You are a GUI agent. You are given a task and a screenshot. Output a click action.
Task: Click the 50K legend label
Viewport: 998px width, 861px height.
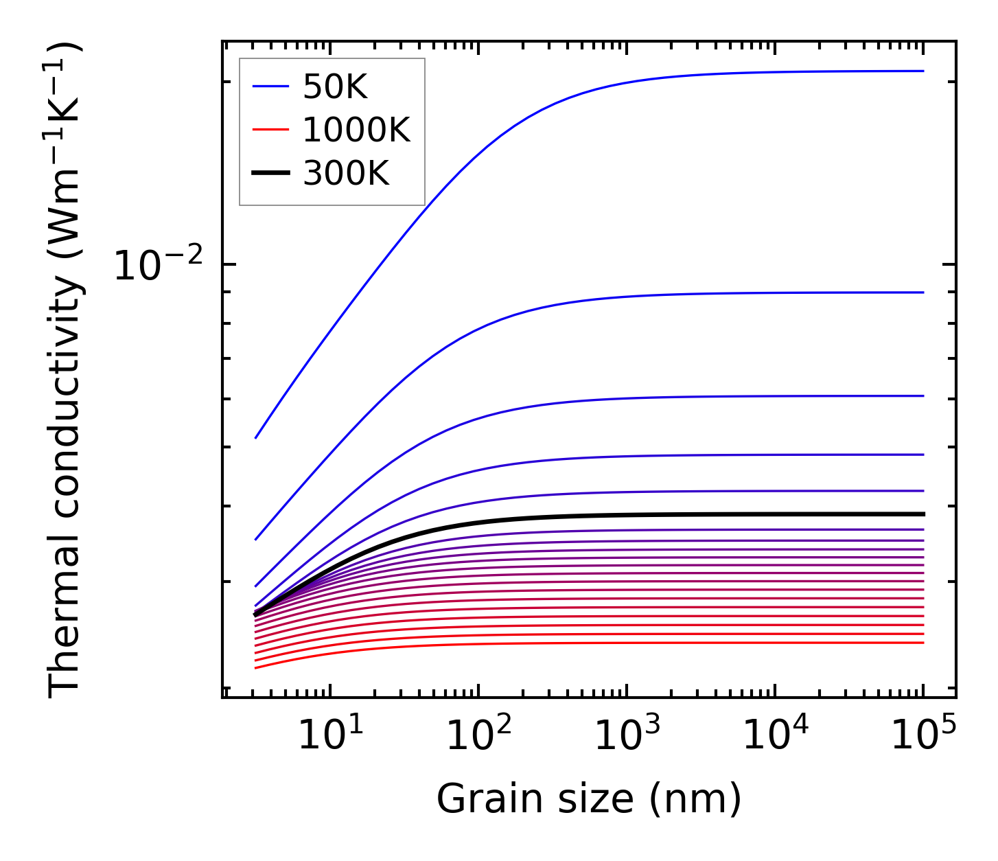tap(335, 87)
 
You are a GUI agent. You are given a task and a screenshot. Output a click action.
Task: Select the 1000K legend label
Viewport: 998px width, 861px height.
tap(356, 130)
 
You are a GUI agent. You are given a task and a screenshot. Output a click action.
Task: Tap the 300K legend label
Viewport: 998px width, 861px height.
tap(346, 174)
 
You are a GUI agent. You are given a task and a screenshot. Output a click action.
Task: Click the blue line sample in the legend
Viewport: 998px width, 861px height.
tap(270, 87)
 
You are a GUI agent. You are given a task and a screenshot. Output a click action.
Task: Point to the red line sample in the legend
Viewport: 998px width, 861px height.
tap(270, 130)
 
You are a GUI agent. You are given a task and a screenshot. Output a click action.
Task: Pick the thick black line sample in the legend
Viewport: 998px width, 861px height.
tap(270, 173)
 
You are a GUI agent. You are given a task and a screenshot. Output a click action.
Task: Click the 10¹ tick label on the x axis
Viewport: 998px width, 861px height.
tap(330, 735)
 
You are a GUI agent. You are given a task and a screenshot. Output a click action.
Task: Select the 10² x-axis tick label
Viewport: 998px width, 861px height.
tap(478, 735)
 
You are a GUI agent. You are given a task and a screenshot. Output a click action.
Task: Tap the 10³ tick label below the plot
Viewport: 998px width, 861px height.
tap(627, 735)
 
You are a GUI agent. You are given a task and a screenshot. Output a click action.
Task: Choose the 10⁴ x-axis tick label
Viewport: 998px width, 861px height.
tap(775, 735)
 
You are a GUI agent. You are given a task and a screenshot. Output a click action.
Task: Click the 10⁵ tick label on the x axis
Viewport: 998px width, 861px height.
tap(923, 735)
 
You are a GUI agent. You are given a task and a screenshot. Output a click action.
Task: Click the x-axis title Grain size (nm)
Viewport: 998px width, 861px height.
tap(589, 799)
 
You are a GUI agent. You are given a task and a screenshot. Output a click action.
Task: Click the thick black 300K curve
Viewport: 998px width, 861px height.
tap(686, 514)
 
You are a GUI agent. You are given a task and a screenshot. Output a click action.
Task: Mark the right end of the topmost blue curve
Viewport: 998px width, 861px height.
tap(923, 71)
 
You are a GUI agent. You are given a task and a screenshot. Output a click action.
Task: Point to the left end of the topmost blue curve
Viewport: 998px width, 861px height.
tap(255, 437)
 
